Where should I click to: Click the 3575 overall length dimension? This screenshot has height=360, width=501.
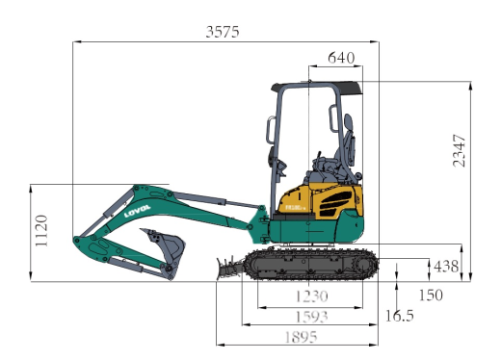[x=223, y=32]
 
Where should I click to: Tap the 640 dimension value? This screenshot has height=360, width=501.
[x=341, y=58]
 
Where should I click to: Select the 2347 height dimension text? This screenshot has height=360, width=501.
[x=459, y=151]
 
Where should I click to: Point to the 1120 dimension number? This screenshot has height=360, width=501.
[x=41, y=231]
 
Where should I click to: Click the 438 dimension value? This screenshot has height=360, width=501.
[x=446, y=267]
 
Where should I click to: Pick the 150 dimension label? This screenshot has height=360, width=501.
[x=431, y=295]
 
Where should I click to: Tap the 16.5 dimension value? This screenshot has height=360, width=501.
[x=399, y=316]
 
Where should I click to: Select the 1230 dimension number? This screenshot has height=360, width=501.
[x=311, y=296]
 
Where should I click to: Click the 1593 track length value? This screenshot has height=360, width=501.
[x=311, y=317]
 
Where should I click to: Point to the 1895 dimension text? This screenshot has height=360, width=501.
[x=301, y=337]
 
